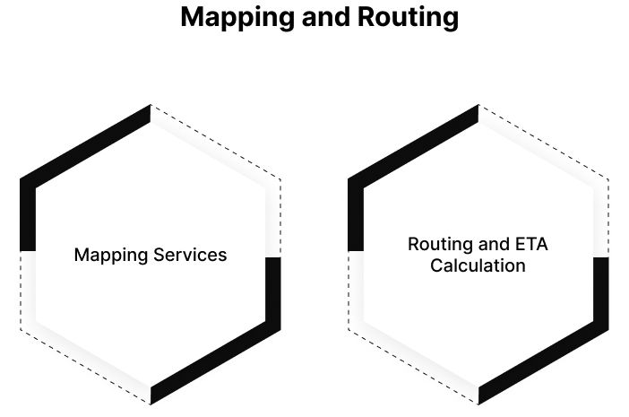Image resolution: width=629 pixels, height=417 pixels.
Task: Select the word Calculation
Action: click(x=478, y=266)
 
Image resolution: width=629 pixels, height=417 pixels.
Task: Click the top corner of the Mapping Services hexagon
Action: click(x=151, y=106)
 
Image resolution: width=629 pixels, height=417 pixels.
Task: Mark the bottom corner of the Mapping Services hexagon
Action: click(x=151, y=403)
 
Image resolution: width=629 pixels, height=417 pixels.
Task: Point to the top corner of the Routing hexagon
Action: click(x=478, y=106)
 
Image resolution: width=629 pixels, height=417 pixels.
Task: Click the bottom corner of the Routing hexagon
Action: click(x=478, y=403)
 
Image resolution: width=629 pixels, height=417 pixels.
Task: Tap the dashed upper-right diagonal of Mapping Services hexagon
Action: click(x=216, y=143)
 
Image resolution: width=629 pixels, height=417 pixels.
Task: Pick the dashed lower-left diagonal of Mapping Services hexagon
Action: click(x=85, y=366)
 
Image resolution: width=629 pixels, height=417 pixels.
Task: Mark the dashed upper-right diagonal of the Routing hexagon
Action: click(x=544, y=143)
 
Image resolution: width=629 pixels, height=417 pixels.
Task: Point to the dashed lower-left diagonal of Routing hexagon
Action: click(x=413, y=366)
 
